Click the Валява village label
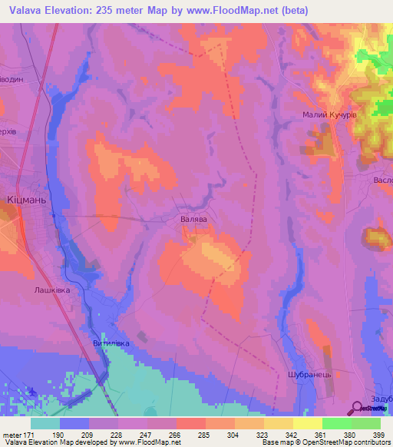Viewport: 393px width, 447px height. (x=194, y=219)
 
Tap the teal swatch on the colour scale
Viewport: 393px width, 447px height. (x=45, y=422)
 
